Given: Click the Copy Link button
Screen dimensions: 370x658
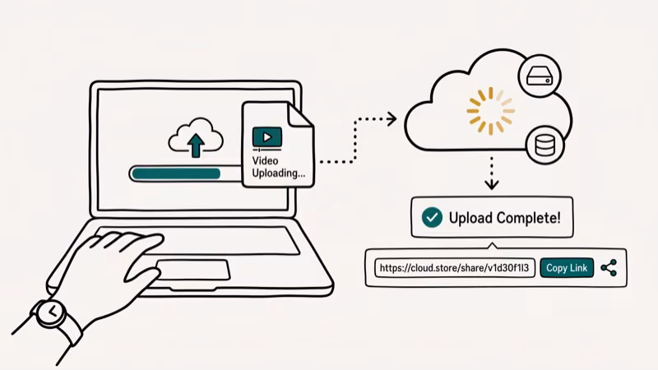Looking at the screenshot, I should coord(567,268).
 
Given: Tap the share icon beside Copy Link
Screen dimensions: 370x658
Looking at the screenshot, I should coord(609,268).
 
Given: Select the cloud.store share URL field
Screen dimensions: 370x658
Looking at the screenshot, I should coord(456,268).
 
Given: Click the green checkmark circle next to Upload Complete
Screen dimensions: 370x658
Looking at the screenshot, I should coord(431,217).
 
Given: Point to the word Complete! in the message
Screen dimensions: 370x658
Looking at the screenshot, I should coord(529,218).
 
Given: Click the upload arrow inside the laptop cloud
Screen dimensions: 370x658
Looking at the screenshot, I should coord(196,144).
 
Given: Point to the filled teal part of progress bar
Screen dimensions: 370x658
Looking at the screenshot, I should coord(178,173).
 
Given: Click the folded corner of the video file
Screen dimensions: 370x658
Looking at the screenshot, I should coord(303,115).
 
